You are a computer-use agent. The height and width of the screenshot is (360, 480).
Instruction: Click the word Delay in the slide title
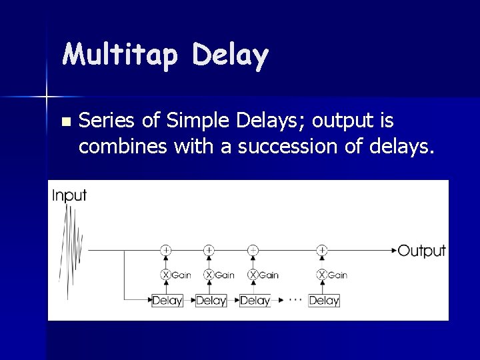tap(230, 56)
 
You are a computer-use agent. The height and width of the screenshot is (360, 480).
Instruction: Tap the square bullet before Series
tap(65, 123)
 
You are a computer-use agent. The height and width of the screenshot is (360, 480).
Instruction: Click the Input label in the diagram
tap(69, 195)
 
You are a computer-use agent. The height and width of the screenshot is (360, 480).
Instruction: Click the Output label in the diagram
tap(421, 251)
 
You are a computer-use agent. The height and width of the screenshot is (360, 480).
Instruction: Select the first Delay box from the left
tap(167, 301)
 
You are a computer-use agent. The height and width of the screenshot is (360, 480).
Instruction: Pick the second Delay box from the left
tap(211, 301)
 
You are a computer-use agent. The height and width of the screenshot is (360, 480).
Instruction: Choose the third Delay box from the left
tap(255, 301)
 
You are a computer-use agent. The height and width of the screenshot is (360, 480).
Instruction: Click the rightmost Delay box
tap(324, 301)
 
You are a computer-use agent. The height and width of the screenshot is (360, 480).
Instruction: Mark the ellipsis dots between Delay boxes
tap(295, 300)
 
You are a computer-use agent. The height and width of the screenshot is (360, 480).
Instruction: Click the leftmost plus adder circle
tap(166, 250)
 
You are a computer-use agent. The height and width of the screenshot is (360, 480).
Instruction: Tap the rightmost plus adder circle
tap(322, 250)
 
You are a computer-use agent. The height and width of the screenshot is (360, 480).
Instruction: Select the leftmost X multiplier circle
tap(166, 275)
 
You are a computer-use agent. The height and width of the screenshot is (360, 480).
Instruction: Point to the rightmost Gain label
tap(337, 275)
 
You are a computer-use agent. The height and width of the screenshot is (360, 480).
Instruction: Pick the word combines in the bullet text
tap(123, 146)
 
